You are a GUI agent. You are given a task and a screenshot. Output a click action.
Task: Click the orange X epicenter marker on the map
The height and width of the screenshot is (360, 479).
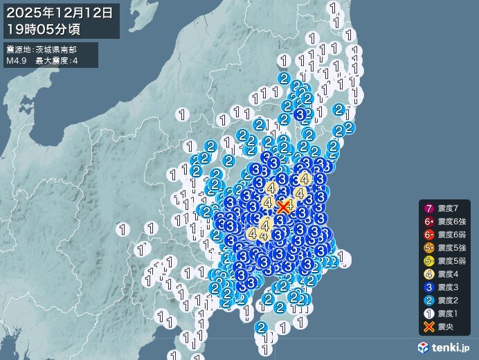pos(283,206)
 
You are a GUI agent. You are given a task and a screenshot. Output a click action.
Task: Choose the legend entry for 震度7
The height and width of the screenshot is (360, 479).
pos(446,208)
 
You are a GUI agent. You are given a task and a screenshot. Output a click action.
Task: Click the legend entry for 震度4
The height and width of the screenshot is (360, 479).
pos(446,273)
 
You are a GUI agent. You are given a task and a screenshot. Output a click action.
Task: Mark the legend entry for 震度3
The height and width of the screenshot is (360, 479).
pos(446,287)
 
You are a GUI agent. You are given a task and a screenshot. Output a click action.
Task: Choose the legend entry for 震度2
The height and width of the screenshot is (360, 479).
pos(446,300)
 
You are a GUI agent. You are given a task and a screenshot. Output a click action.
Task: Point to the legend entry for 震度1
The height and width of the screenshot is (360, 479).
pos(446,313)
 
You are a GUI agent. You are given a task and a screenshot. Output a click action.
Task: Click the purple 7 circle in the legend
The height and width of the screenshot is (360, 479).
pos(429,208)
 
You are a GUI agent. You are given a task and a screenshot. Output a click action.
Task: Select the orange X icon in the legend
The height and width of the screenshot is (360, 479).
pos(429,326)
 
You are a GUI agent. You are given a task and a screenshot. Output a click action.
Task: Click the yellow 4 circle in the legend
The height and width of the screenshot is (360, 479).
pos(429,273)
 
